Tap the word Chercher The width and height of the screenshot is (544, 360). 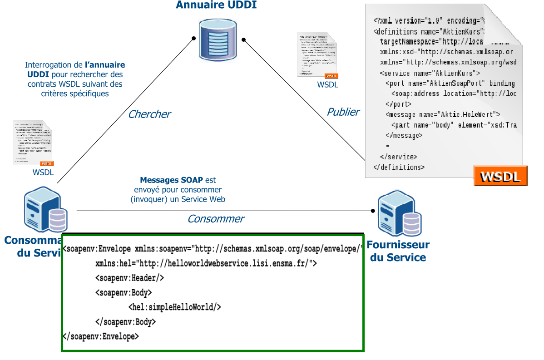pyautogui.click(x=149, y=114)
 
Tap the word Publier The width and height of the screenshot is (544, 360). pyautogui.click(x=343, y=112)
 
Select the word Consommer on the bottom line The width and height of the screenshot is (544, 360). pyautogui.click(x=216, y=219)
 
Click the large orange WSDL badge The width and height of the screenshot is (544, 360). pyautogui.click(x=500, y=176)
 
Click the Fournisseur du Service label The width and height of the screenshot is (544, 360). pyautogui.click(x=398, y=251)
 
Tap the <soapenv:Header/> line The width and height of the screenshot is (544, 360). pyautogui.click(x=129, y=278)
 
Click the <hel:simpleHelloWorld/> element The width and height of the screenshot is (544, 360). pyautogui.click(x=175, y=307)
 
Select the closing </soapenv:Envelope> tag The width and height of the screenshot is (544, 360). pyautogui.click(x=101, y=336)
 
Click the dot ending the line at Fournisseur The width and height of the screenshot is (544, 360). pyautogui.click(x=373, y=211)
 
